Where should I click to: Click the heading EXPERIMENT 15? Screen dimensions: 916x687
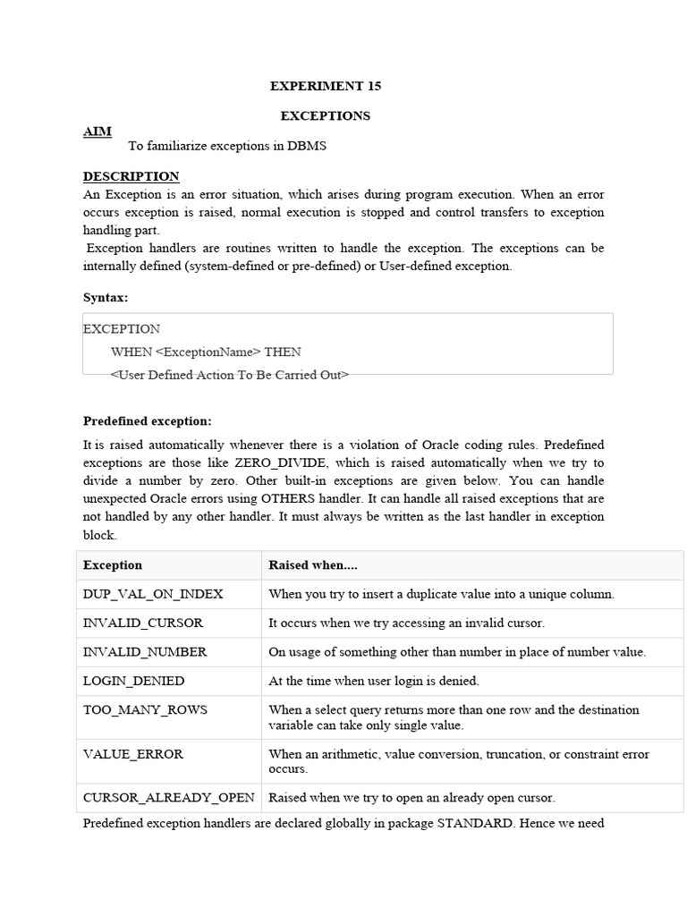326,86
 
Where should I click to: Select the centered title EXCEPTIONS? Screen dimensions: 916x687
326,115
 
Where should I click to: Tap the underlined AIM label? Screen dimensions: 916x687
98,131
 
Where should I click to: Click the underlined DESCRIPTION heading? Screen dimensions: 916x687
131,176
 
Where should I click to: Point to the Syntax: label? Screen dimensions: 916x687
106,297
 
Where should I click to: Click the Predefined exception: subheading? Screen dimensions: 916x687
148,420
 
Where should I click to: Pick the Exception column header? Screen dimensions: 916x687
113,565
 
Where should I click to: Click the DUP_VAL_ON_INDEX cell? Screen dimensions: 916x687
153,594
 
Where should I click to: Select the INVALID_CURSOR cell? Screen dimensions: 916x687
143,623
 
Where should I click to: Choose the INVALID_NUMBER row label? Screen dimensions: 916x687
145,652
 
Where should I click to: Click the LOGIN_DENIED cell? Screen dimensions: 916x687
134,681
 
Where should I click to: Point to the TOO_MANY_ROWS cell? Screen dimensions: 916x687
145,709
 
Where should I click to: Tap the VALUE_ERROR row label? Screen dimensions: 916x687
133,754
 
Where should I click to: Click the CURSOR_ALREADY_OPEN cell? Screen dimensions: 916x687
169,797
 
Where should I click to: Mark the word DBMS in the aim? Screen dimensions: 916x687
308,146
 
